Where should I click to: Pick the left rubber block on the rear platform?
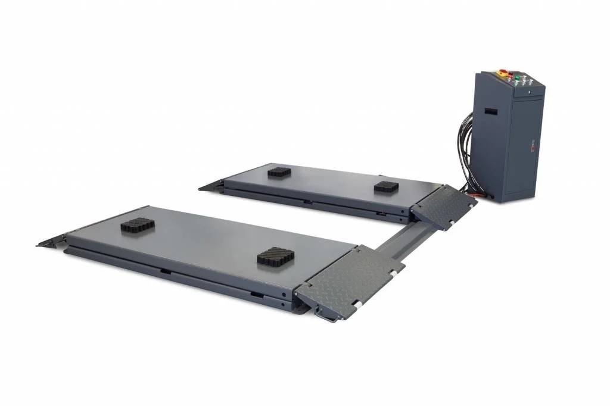point(279,172)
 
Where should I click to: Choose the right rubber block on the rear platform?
point(386,187)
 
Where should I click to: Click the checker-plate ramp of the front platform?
point(348,280)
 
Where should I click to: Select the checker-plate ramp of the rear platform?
point(444,205)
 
